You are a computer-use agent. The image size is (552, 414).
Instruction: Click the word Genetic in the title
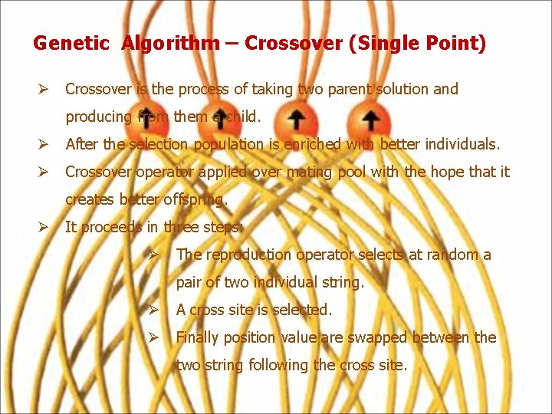(71, 44)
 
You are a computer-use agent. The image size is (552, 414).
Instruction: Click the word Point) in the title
(458, 44)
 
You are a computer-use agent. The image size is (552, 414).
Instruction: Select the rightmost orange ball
(370, 119)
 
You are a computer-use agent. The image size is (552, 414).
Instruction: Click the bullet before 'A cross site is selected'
(153, 310)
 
